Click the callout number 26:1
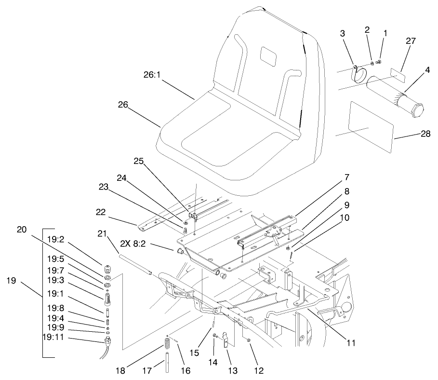(153, 75)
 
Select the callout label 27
(410, 41)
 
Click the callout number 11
(351, 343)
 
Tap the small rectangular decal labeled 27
(397, 74)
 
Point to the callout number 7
(347, 177)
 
